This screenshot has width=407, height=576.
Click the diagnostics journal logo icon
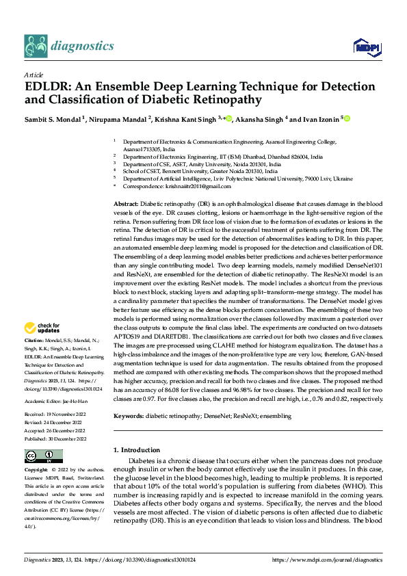pos(35,47)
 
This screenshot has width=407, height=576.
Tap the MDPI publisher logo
pos(365,47)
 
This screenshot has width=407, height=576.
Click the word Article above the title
pos(33,74)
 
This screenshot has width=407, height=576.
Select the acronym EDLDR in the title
pos(48,87)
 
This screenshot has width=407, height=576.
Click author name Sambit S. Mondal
pos(52,119)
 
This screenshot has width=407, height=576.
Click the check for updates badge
pos(43,329)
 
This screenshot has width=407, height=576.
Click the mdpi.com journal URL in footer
pos(327,559)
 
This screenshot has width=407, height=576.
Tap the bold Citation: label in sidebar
pos(35,340)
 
